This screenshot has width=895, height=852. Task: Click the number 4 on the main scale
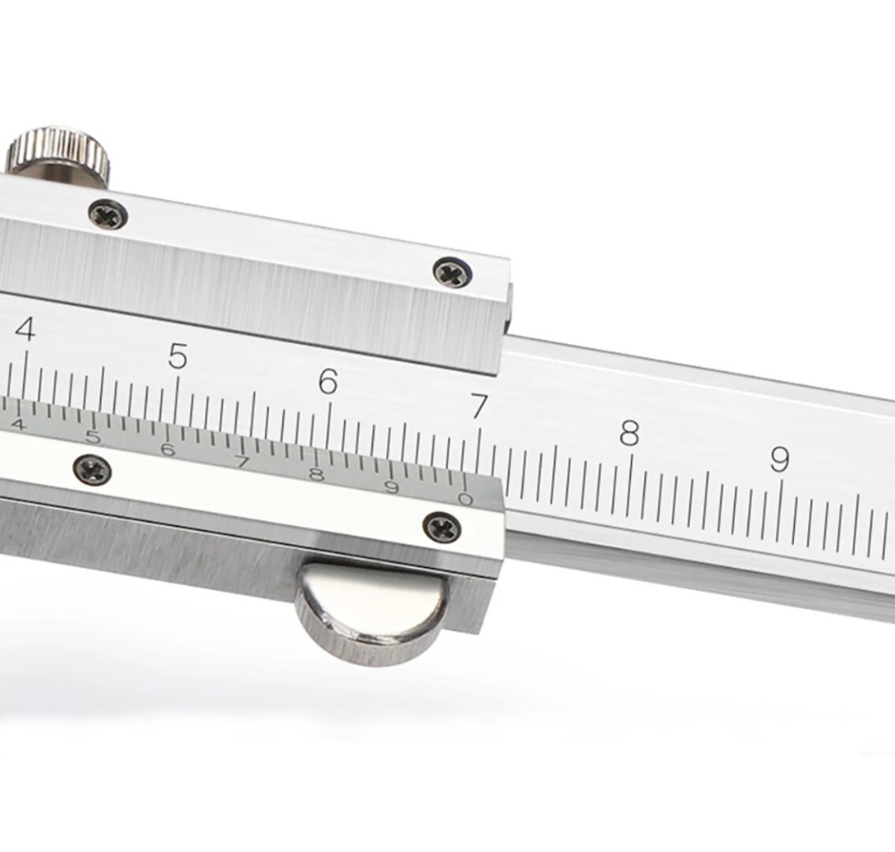(x=25, y=330)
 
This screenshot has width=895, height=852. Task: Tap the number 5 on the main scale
(x=177, y=356)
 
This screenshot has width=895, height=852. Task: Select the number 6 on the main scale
(x=327, y=381)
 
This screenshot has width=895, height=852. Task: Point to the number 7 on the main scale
(x=479, y=406)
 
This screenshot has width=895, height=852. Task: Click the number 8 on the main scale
(x=629, y=432)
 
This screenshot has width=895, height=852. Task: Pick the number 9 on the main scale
(x=780, y=458)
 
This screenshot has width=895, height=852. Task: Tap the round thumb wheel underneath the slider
(x=371, y=613)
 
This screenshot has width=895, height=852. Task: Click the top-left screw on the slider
(x=108, y=215)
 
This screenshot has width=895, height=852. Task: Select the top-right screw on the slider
(x=453, y=272)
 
